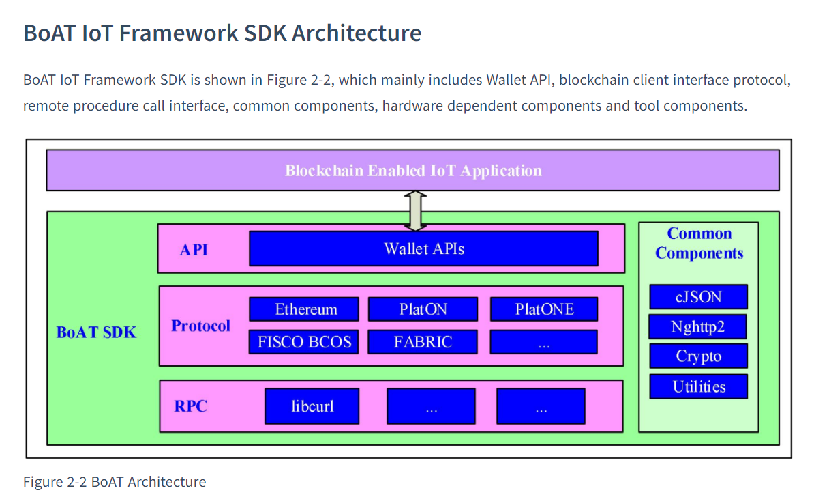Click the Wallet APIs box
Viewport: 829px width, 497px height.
pos(423,248)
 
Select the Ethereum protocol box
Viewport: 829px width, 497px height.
pos(304,309)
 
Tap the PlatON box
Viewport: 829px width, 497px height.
pos(422,309)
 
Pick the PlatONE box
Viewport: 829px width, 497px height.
pos(543,309)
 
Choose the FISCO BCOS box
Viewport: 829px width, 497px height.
pos(304,341)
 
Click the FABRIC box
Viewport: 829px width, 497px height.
pos(422,341)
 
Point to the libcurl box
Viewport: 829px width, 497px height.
pos(312,407)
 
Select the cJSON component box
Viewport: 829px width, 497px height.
pos(698,297)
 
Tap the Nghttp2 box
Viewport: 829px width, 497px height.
pos(697,327)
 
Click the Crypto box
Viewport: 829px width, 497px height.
pos(698,356)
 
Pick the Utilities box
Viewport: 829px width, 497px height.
pos(698,386)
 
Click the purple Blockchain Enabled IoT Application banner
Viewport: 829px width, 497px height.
pos(412,170)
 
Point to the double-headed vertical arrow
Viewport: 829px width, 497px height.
pos(415,211)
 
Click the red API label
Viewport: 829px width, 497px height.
pos(194,249)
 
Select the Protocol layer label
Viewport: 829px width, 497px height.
pos(200,326)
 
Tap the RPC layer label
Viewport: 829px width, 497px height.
pos(190,407)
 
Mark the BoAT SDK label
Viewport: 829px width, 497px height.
pos(96,332)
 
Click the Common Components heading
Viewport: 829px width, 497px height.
pos(699,243)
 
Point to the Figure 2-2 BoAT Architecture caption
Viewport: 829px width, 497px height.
pos(115,482)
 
